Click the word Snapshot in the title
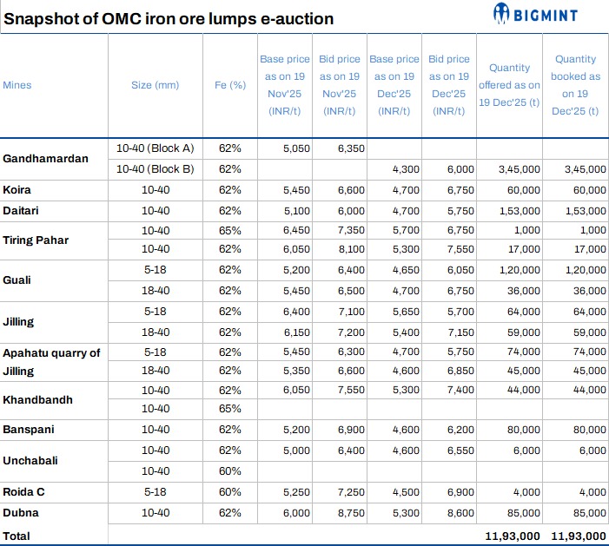41,18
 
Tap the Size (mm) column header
155,85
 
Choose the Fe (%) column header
229,85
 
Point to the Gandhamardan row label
42,159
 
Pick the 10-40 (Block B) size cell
155,168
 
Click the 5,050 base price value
296,148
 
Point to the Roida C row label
24,492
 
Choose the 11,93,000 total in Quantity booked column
579,536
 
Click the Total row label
17,536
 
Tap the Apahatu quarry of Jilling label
51,361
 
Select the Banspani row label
29,430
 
